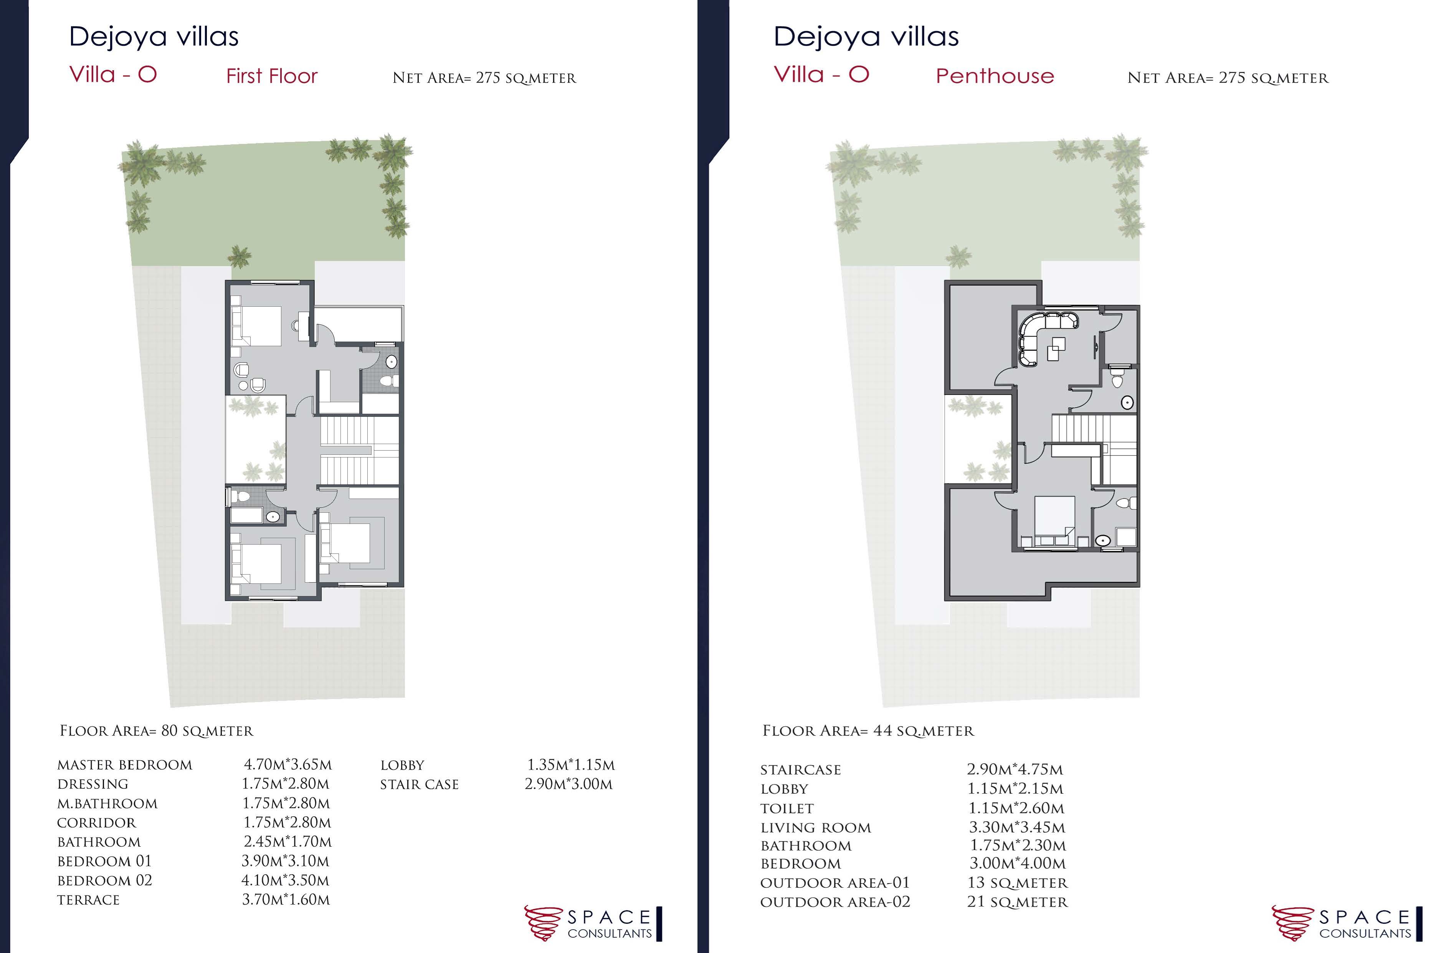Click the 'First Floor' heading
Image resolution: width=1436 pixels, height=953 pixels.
pyautogui.click(x=272, y=76)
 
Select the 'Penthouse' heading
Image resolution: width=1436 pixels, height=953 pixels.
pyautogui.click(x=995, y=76)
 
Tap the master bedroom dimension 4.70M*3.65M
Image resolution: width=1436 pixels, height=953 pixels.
pyautogui.click(x=288, y=765)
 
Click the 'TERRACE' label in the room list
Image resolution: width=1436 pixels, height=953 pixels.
pyautogui.click(x=88, y=900)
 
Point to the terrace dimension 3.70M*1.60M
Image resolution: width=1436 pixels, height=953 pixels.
pyautogui.click(x=286, y=900)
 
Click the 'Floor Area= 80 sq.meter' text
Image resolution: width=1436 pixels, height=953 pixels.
pyautogui.click(x=156, y=730)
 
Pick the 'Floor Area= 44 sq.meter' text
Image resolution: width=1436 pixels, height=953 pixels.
pyautogui.click(x=868, y=730)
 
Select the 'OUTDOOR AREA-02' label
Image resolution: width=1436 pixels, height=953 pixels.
pyautogui.click(x=835, y=902)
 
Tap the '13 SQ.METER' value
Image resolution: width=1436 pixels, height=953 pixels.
pyautogui.click(x=1017, y=882)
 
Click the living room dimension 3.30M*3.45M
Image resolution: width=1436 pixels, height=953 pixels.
pyautogui.click(x=1017, y=827)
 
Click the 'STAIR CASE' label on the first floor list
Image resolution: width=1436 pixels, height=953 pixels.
pyautogui.click(x=419, y=785)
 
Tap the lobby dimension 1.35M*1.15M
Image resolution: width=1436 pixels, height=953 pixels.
pyautogui.click(x=571, y=765)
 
